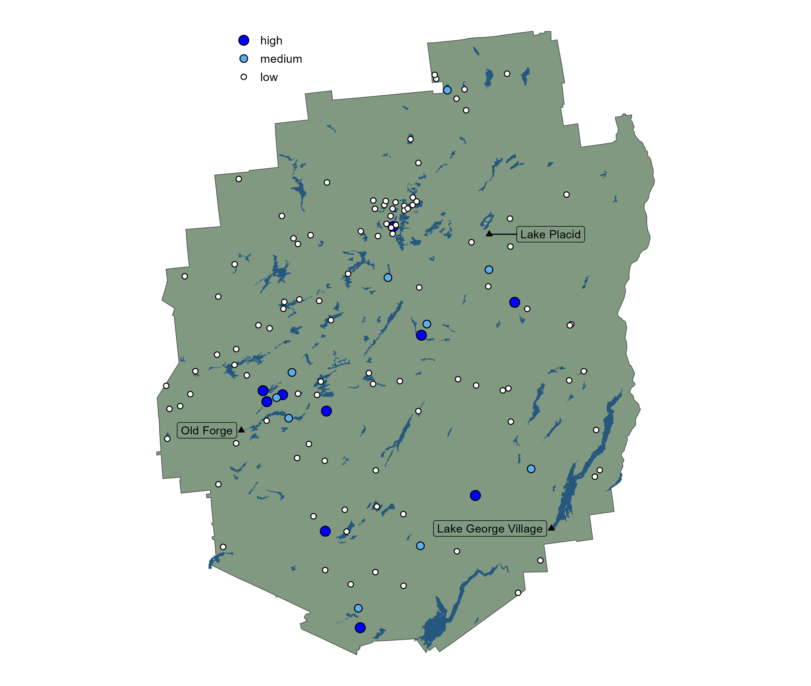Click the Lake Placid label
[x=550, y=235]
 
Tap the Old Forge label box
[x=206, y=430]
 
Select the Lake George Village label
[x=489, y=529]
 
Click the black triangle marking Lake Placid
[x=489, y=233]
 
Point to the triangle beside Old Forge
[x=241, y=430]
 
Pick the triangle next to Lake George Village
[x=551, y=528]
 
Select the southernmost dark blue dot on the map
[x=360, y=628]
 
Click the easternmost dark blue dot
[x=514, y=302]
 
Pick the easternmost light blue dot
[x=531, y=469]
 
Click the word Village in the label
[x=525, y=529]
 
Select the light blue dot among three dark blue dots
[x=276, y=397]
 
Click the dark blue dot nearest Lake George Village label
[x=475, y=495]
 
